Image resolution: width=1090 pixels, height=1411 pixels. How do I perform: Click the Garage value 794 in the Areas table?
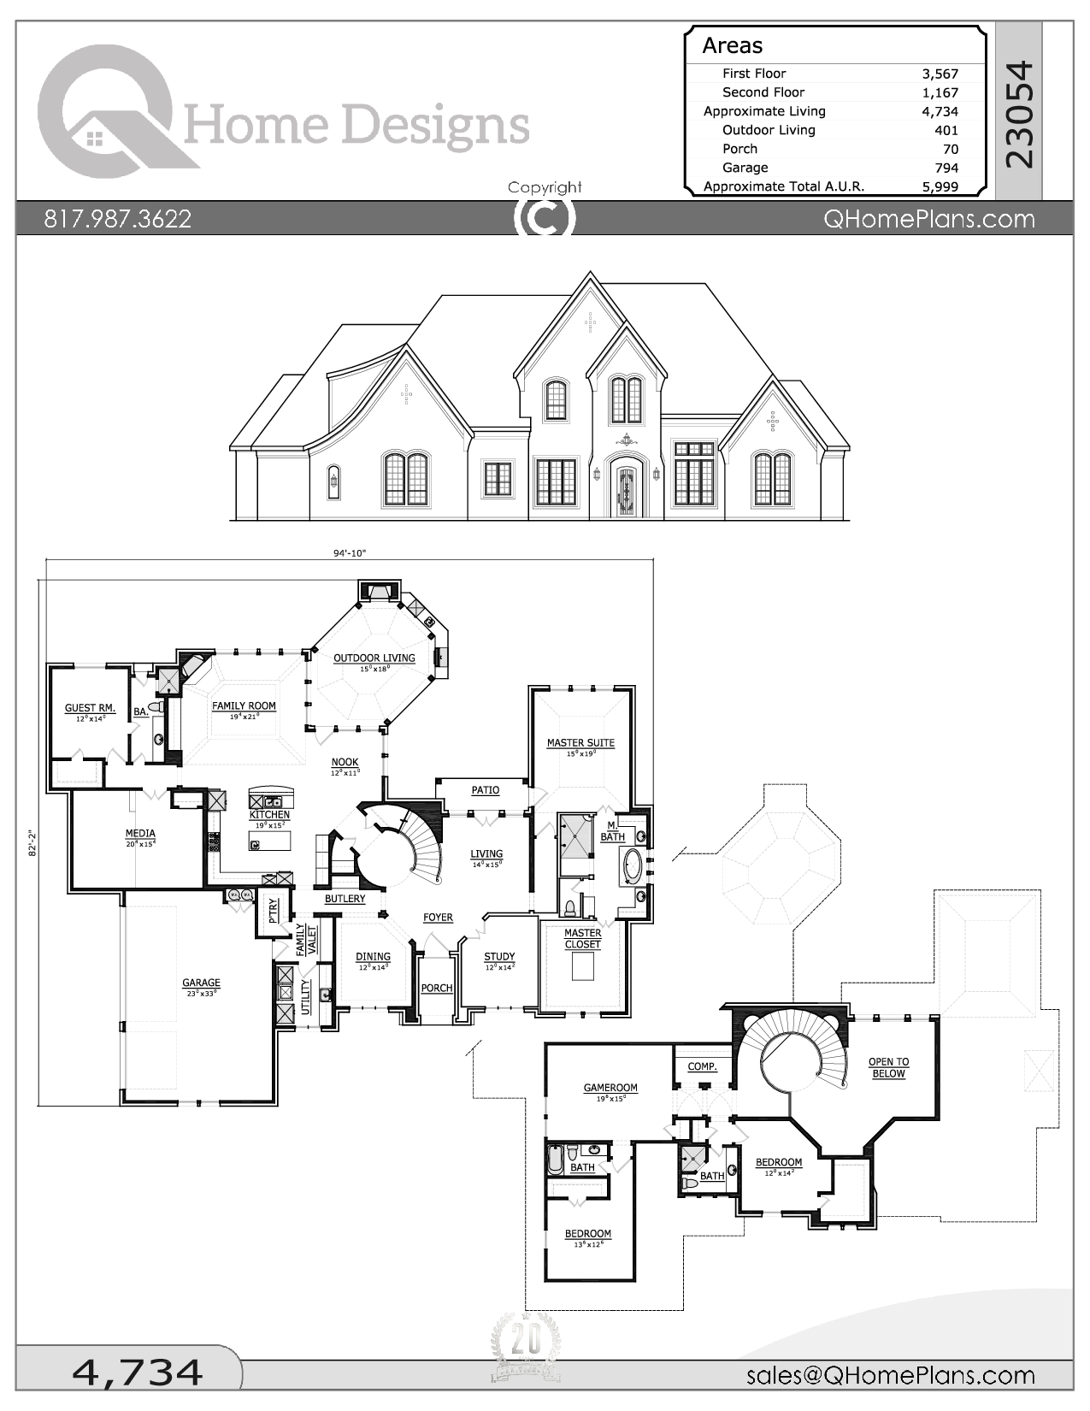click(946, 168)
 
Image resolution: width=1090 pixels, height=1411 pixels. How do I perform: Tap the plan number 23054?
click(1019, 115)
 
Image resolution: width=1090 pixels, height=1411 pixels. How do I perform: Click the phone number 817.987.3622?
click(117, 219)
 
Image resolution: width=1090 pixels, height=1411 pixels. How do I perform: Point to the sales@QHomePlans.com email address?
click(890, 1375)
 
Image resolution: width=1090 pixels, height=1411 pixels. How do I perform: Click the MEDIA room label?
click(140, 834)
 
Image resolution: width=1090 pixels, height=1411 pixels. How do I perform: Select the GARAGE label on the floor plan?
click(201, 983)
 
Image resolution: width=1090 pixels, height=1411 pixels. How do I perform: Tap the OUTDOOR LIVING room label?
click(374, 658)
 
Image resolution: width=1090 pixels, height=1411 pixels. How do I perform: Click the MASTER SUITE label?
click(580, 743)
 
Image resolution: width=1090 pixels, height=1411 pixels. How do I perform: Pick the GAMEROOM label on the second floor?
click(610, 1089)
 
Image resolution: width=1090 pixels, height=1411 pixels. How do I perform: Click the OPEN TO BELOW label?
click(888, 1067)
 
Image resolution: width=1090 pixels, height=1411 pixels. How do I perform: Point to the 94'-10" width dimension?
click(349, 553)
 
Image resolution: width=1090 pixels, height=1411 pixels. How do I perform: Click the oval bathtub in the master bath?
click(633, 865)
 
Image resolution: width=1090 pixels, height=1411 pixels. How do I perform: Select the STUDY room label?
click(499, 957)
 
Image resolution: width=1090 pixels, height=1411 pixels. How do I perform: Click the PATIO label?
click(485, 790)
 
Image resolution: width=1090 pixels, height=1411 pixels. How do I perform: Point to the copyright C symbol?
click(544, 218)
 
